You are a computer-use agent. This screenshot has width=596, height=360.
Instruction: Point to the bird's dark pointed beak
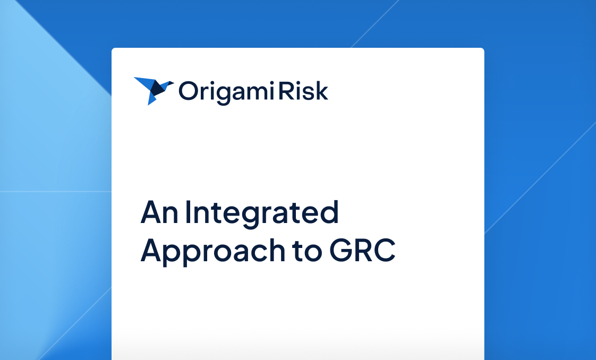click(170, 83)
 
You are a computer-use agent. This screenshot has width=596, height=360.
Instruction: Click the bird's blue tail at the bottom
click(152, 100)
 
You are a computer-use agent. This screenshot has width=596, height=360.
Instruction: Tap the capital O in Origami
click(188, 91)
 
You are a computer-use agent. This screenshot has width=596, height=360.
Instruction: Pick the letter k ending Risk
click(322, 91)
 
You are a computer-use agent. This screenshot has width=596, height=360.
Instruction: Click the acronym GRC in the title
click(362, 251)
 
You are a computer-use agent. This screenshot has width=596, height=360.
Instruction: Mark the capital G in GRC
click(341, 251)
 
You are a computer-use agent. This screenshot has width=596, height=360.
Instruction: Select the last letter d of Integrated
click(330, 212)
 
